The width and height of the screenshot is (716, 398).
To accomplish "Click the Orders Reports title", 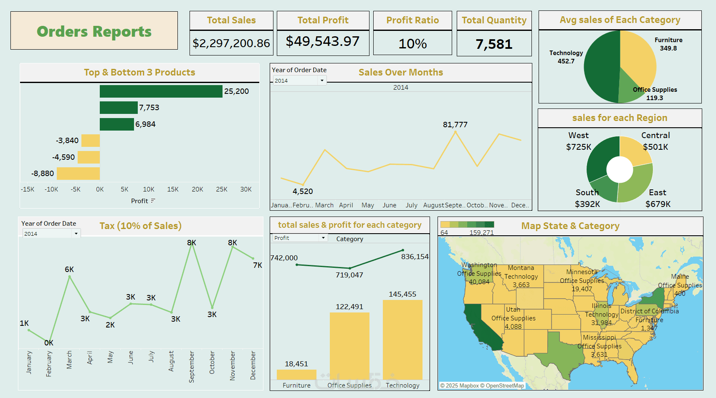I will (94, 31).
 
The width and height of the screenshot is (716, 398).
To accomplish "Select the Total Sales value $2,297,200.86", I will (231, 43).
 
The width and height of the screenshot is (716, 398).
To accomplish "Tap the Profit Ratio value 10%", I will (412, 43).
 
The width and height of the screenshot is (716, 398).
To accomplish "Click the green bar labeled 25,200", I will (161, 91).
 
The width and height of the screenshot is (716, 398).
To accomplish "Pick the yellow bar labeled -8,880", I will (78, 174).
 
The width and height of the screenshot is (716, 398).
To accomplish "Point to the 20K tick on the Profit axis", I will (197, 189).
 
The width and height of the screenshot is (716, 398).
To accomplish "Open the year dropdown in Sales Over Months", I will (322, 81).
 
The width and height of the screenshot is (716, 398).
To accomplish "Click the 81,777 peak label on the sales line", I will (455, 124).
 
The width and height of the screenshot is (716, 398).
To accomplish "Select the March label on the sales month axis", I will (324, 205).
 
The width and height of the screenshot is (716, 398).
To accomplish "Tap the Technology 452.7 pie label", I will (566, 57).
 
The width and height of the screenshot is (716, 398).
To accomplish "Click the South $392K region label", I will (587, 198).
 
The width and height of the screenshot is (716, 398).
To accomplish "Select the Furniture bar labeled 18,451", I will (296, 374).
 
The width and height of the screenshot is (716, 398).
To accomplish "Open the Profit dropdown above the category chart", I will (323, 238).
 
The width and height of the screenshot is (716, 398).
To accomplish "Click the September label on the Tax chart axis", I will (192, 366).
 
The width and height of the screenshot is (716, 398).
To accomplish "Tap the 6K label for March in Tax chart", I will (69, 270).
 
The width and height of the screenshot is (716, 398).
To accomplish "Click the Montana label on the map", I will (521, 268).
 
